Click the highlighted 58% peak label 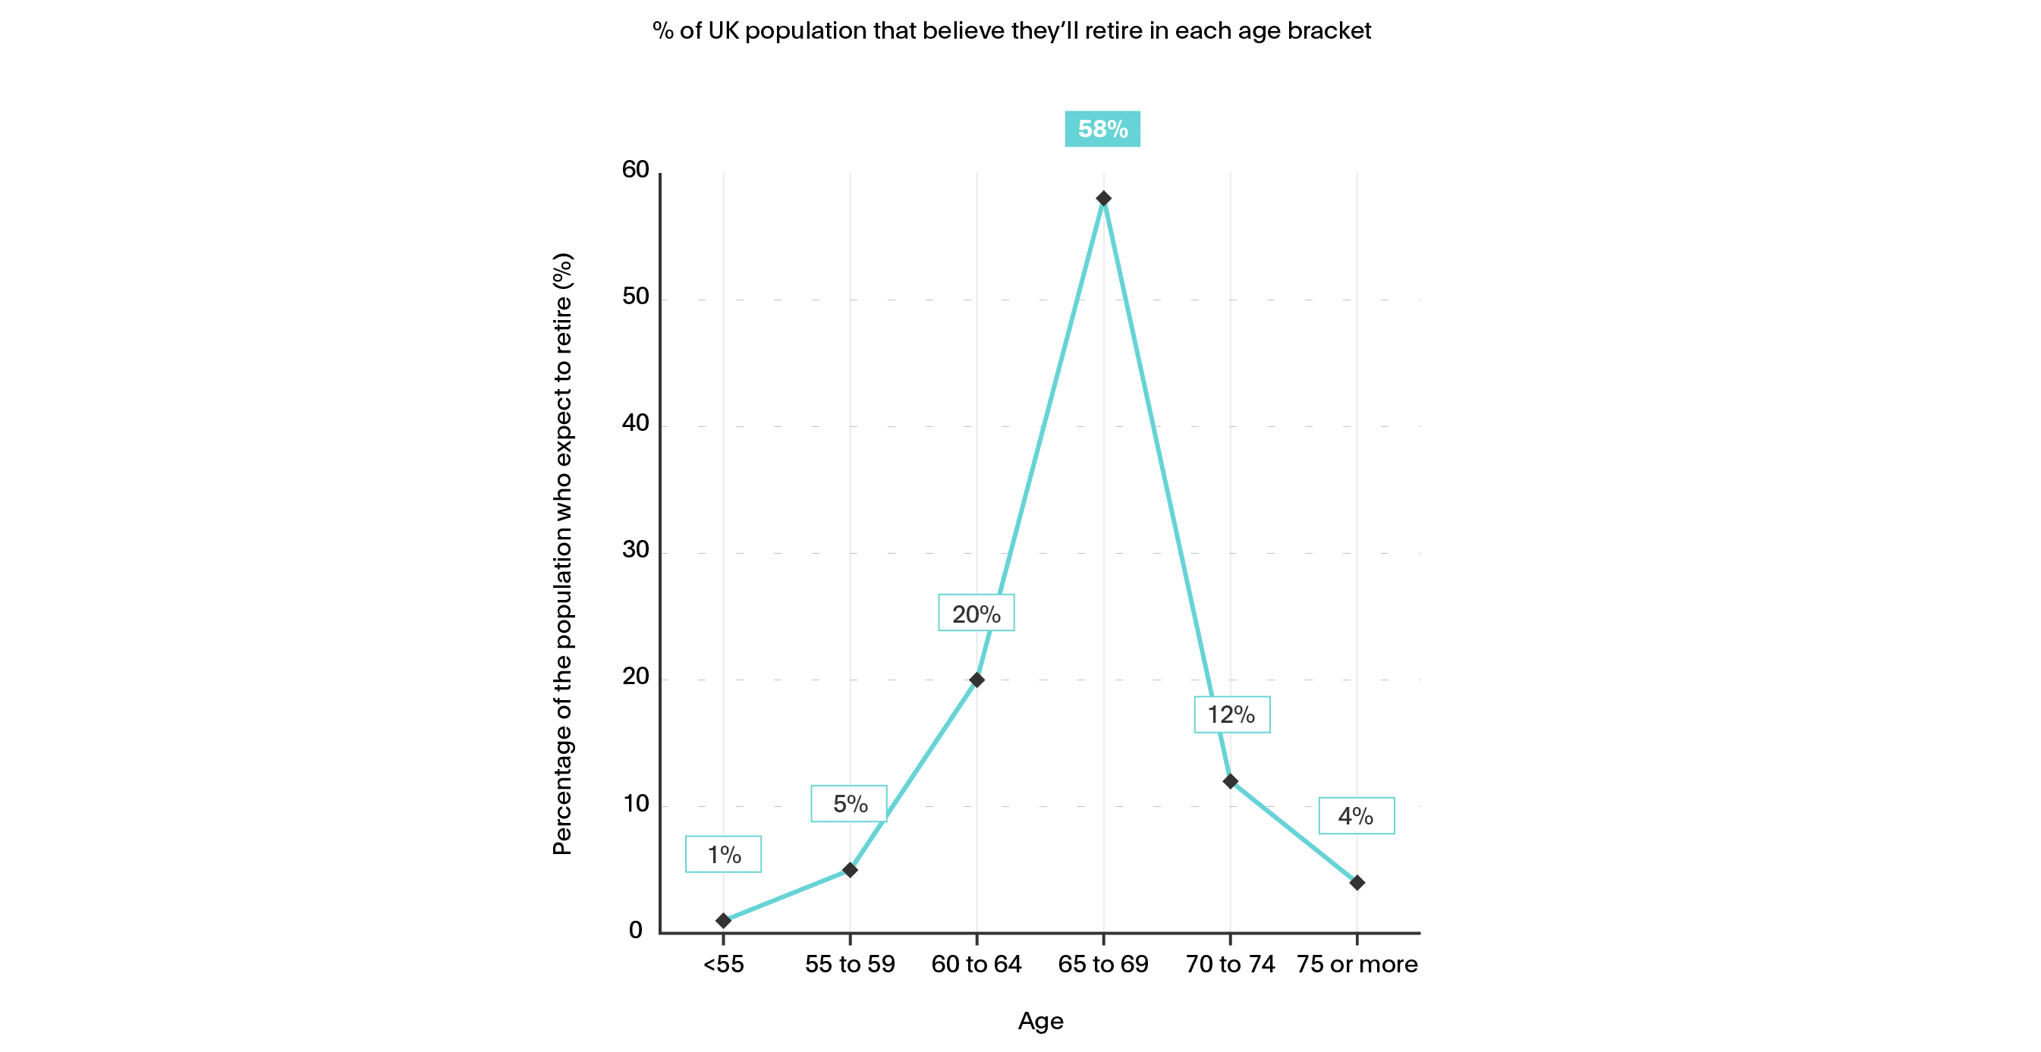pyautogui.click(x=1102, y=128)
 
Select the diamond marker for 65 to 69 pyautogui.click(x=1103, y=198)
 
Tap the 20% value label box pyautogui.click(x=976, y=613)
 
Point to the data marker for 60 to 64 pyautogui.click(x=977, y=680)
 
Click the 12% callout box pyautogui.click(x=1231, y=714)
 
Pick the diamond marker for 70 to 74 pyautogui.click(x=1230, y=781)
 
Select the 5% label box pyautogui.click(x=849, y=803)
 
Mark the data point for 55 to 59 pyautogui.click(x=850, y=870)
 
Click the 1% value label pyautogui.click(x=723, y=854)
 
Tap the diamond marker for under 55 pyautogui.click(x=723, y=921)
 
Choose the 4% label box pyautogui.click(x=1356, y=815)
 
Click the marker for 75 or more pyautogui.click(x=1357, y=882)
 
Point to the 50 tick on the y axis pyautogui.click(x=635, y=297)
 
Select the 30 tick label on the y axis pyautogui.click(x=635, y=550)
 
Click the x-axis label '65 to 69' pyautogui.click(x=1103, y=964)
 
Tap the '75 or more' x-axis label pyautogui.click(x=1357, y=964)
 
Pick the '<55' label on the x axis pyautogui.click(x=723, y=964)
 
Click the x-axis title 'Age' pyautogui.click(x=1040, y=1021)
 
